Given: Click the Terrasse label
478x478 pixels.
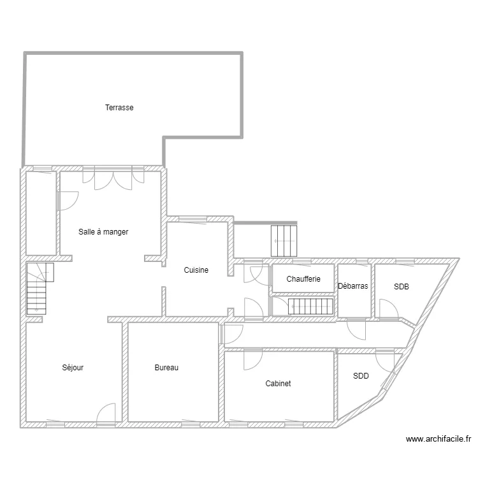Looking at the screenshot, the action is coord(119,107).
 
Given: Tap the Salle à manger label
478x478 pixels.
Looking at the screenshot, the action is coord(103,232).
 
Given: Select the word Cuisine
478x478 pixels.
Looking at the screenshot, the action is coord(196,270).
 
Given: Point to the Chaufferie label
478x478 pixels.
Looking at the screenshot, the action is coord(303,279).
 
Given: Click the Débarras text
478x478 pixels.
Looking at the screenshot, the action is coord(353,286).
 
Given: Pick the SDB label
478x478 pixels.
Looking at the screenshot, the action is coord(401,287).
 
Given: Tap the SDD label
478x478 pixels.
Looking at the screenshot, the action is coord(361,376).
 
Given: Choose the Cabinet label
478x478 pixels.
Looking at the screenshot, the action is coord(278,383).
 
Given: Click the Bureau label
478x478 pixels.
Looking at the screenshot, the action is coord(166,367).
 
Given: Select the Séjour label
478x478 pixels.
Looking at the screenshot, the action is coord(73,367).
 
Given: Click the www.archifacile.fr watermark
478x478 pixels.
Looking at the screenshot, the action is coord(438,439).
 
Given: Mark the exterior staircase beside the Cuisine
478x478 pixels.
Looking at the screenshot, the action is coord(284,241).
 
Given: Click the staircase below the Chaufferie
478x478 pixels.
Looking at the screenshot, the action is coord(310,306).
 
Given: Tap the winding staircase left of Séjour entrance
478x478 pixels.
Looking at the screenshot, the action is coord(37,288).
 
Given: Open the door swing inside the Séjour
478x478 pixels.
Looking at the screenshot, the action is coord(106,413).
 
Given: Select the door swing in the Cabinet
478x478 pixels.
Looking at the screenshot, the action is coord(253,360).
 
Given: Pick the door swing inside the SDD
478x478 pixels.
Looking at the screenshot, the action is coord(385,362).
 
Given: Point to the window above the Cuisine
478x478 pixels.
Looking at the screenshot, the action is coord(192,219).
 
